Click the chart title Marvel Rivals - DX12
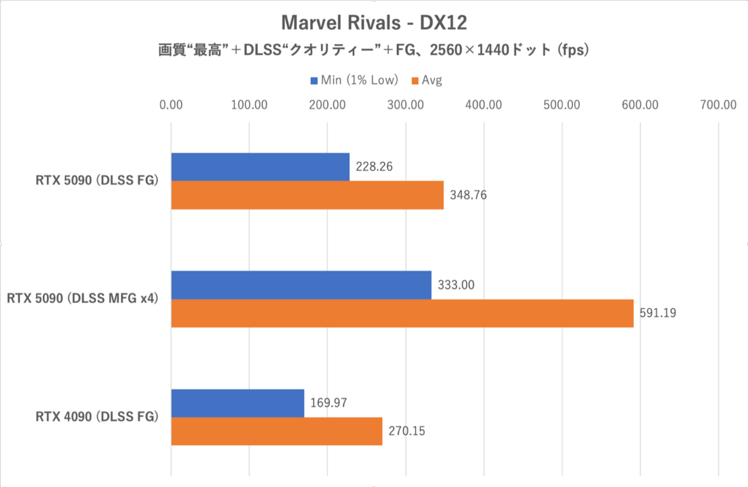[373, 22]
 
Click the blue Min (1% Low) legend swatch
[314, 80]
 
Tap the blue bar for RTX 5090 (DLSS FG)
[260, 166]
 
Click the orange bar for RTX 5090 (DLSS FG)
[307, 195]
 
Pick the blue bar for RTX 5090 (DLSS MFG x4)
[301, 284]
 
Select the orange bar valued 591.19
[402, 313]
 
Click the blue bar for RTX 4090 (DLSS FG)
[237, 403]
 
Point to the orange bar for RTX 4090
[276, 431]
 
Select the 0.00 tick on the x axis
[171, 105]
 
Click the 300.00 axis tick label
[406, 105]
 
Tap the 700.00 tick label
[719, 105]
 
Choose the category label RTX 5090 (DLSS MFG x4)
[82, 299]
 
